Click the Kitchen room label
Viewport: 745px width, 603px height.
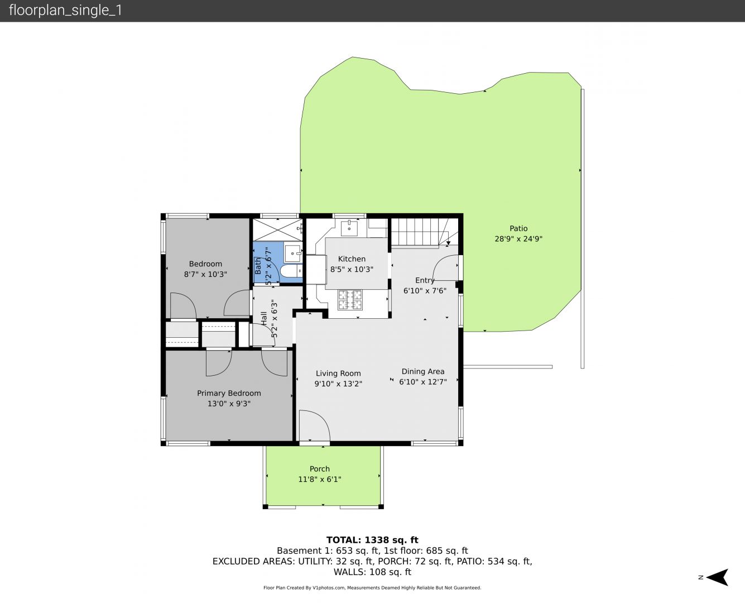(x=352, y=259)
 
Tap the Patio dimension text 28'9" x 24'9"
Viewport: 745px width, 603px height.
(x=518, y=239)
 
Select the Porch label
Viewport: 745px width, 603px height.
(x=320, y=469)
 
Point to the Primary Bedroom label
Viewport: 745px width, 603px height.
(x=229, y=394)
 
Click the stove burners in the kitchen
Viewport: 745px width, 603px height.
(x=350, y=300)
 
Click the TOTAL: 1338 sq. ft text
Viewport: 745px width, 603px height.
(x=372, y=540)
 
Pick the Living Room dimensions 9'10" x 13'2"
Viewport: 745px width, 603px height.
(x=338, y=384)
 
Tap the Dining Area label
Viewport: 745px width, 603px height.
(x=423, y=371)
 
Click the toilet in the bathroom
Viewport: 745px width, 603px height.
(x=290, y=271)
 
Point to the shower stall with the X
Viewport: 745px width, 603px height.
(x=277, y=229)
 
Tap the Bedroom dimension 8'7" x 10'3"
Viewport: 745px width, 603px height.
(x=205, y=274)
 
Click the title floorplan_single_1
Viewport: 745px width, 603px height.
(x=65, y=11)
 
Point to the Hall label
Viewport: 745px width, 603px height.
(x=264, y=318)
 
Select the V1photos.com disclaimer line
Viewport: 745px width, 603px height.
(x=372, y=587)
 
